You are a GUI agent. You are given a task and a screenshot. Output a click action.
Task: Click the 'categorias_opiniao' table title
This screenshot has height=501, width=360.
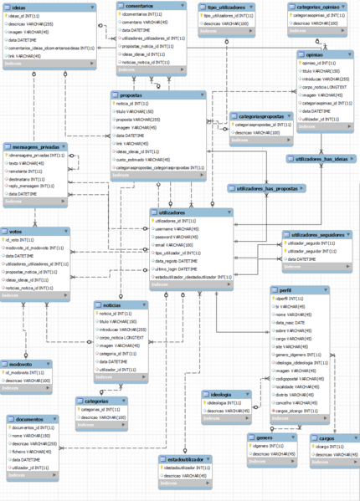(308, 6)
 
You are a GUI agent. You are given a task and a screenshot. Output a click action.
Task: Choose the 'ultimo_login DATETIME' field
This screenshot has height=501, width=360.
(179, 269)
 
